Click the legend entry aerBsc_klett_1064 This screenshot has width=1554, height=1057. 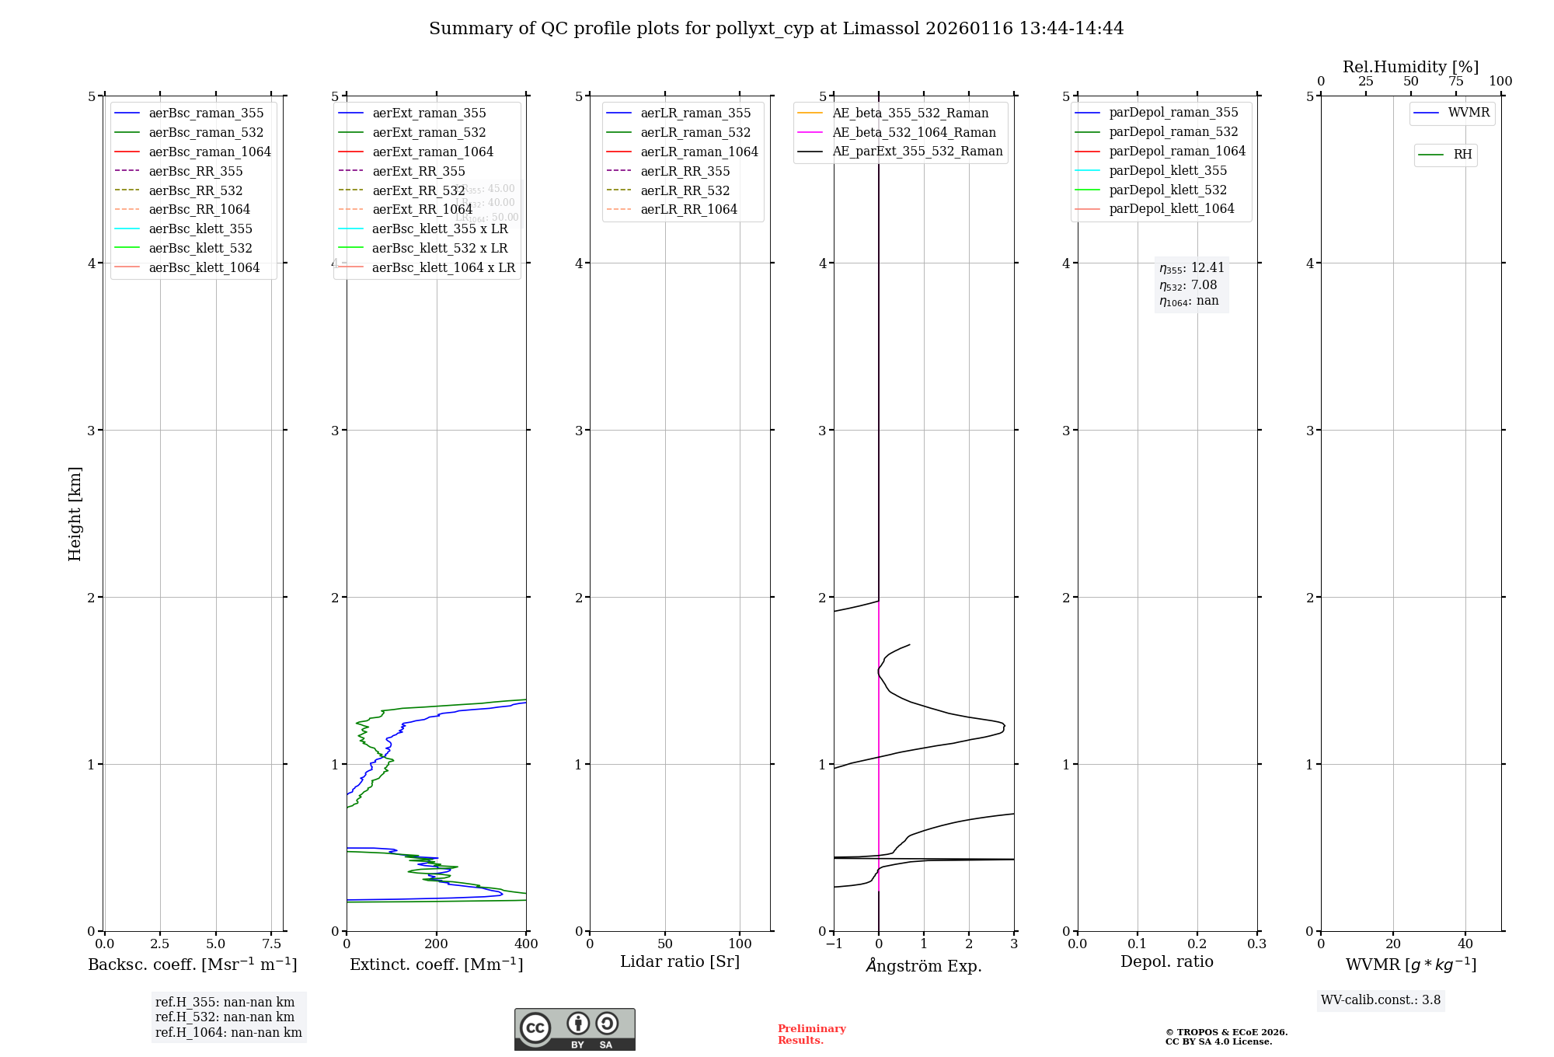tap(204, 267)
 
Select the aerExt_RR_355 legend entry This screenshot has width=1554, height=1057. tap(418, 171)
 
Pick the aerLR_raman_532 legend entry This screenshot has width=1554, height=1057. tap(695, 132)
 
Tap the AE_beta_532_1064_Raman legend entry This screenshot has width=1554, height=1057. tap(914, 132)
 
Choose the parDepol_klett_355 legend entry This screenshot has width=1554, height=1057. tap(1168, 170)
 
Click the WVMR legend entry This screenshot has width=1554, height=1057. tap(1469, 113)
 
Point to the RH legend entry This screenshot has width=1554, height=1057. tap(1462, 155)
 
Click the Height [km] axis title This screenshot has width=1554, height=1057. tap(75, 513)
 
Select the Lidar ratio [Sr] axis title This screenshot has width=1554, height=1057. tap(680, 961)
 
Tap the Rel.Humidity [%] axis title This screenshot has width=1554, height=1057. tap(1410, 67)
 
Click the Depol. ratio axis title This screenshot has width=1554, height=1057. tap(1166, 961)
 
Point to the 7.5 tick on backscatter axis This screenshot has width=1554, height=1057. tap(271, 944)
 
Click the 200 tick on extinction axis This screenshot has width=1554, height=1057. tap(437, 944)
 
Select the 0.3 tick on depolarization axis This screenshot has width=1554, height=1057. tap(1256, 944)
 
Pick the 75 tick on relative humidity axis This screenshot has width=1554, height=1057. tap(1455, 82)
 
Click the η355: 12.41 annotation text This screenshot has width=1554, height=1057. tap(1192, 268)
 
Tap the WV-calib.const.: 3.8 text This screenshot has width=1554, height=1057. tap(1381, 999)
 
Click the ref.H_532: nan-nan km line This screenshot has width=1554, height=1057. tap(225, 1017)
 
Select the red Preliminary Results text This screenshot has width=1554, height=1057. tap(811, 1034)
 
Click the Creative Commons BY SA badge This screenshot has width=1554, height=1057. tap(574, 1029)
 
